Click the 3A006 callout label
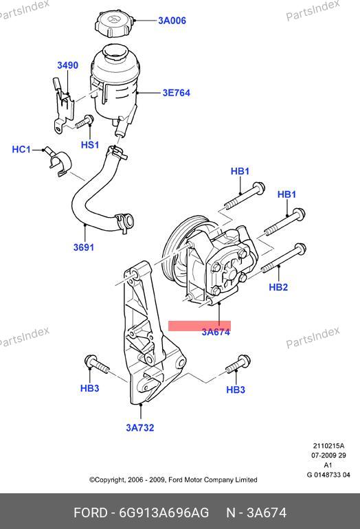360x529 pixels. coord(172,21)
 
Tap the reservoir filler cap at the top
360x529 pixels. coord(113,23)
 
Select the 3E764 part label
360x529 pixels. coord(176,93)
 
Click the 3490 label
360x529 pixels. coord(67,65)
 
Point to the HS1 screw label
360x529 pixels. coord(90,145)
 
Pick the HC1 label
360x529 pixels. coord(21,149)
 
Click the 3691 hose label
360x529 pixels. coord(84,247)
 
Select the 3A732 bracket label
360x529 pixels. coord(140,428)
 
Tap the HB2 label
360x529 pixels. coord(278,287)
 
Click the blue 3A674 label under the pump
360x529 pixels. coord(216,332)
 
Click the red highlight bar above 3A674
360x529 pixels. coord(199,326)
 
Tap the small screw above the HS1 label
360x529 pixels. coord(85,122)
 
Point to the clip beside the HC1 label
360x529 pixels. coord(58,161)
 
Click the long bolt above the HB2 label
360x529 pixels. coord(284,258)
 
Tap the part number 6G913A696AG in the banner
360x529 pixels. coord(164,513)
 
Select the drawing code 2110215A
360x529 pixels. coord(328,446)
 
